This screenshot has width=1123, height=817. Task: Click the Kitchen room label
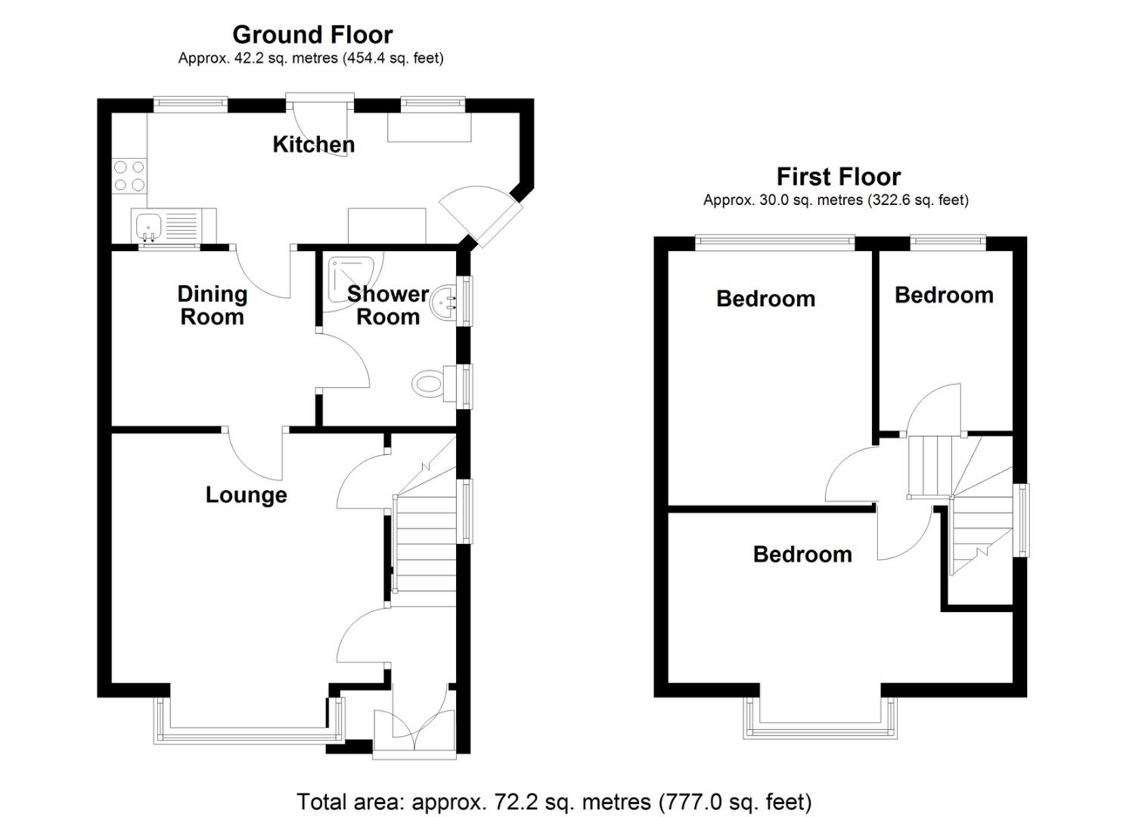pos(314,144)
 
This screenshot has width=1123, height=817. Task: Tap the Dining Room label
pos(213,306)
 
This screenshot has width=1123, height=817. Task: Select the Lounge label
pos(247,495)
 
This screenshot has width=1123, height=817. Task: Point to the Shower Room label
pos(388,306)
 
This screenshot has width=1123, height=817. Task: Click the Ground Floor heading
pos(312,35)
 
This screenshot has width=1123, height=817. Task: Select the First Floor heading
pos(839,176)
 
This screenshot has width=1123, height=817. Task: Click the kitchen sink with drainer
pos(174,226)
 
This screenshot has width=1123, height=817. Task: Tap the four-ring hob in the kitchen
pos(129,176)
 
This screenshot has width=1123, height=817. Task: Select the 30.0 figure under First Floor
pos(774,200)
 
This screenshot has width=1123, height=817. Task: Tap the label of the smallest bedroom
pos(944,295)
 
